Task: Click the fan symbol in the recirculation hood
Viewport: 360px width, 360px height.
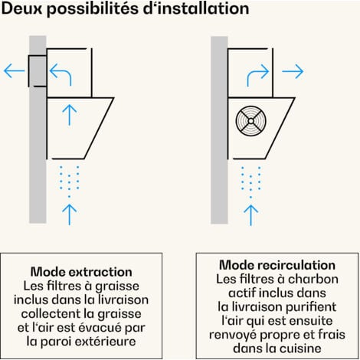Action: pyautogui.click(x=251, y=121)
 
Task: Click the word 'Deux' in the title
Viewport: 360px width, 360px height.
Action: pyautogui.click(x=22, y=8)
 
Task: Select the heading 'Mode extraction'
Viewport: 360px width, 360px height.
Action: pyautogui.click(x=81, y=272)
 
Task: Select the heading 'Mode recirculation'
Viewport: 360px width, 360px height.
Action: pyautogui.click(x=277, y=265)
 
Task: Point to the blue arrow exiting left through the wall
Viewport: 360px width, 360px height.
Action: pyautogui.click(x=15, y=71)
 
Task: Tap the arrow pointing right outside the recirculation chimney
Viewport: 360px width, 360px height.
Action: pyautogui.click(x=293, y=71)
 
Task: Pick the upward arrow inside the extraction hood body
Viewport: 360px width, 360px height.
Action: pyautogui.click(x=70, y=115)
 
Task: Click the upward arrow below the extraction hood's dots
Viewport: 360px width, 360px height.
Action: pyautogui.click(x=70, y=214)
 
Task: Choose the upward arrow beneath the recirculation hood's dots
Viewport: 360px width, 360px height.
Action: pyautogui.click(x=251, y=215)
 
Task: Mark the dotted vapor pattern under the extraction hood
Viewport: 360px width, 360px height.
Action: pyautogui.click(x=69, y=182)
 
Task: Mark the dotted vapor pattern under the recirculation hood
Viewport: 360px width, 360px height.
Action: pyautogui.click(x=250, y=182)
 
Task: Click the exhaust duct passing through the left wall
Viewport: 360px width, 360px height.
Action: pyautogui.click(x=38, y=71)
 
